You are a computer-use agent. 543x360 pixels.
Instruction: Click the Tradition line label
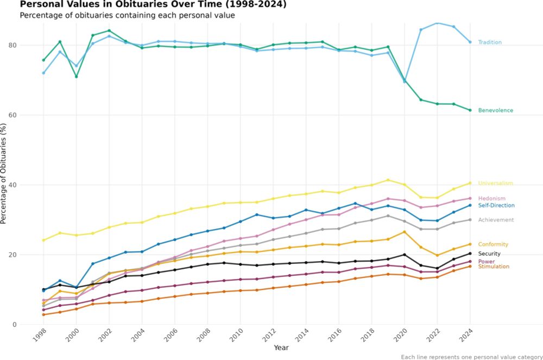coord(489,42)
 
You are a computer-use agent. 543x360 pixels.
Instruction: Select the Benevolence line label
coord(495,111)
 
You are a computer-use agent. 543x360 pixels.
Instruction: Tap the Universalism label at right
coord(495,184)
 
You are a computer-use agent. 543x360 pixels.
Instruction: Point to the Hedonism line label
coord(491,199)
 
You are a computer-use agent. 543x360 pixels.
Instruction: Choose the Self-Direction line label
coord(496,206)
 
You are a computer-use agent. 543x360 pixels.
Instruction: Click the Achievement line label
coord(496,220)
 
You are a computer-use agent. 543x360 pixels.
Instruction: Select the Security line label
coord(489,254)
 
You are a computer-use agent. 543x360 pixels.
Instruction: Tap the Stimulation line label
coord(494,267)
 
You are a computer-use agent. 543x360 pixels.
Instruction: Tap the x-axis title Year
coord(281,348)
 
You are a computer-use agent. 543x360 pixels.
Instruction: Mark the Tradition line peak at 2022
coord(437,23)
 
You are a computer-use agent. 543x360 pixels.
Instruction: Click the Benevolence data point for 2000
coord(77,77)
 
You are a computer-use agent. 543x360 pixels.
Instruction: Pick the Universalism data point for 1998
coord(43,240)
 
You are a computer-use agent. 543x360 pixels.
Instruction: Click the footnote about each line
coord(471,357)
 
